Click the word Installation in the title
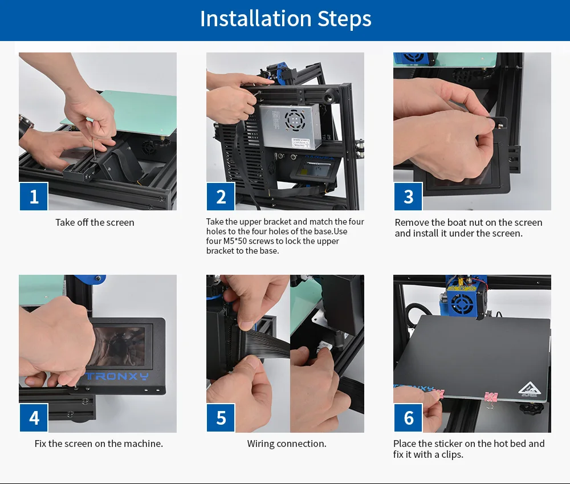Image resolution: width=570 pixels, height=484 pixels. click(x=255, y=19)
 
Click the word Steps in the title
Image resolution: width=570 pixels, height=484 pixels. click(x=344, y=19)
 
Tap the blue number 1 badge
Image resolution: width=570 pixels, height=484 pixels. click(x=34, y=196)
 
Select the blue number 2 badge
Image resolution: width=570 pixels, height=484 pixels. click(x=221, y=196)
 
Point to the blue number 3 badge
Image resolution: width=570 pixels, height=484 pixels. click(x=408, y=196)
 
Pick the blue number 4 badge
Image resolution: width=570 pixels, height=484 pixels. click(x=34, y=418)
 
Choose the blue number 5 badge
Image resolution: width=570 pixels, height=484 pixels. click(x=221, y=418)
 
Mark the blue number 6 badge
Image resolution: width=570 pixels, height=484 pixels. click(x=408, y=418)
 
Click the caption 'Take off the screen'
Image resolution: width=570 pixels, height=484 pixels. click(x=95, y=222)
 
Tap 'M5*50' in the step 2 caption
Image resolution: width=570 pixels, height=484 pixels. click(x=235, y=241)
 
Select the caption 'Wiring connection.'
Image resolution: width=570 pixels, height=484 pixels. click(x=287, y=444)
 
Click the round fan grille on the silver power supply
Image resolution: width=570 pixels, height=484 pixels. click(x=295, y=119)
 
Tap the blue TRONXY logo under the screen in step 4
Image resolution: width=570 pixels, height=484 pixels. click(x=117, y=376)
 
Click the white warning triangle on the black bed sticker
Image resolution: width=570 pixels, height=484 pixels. click(x=530, y=388)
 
